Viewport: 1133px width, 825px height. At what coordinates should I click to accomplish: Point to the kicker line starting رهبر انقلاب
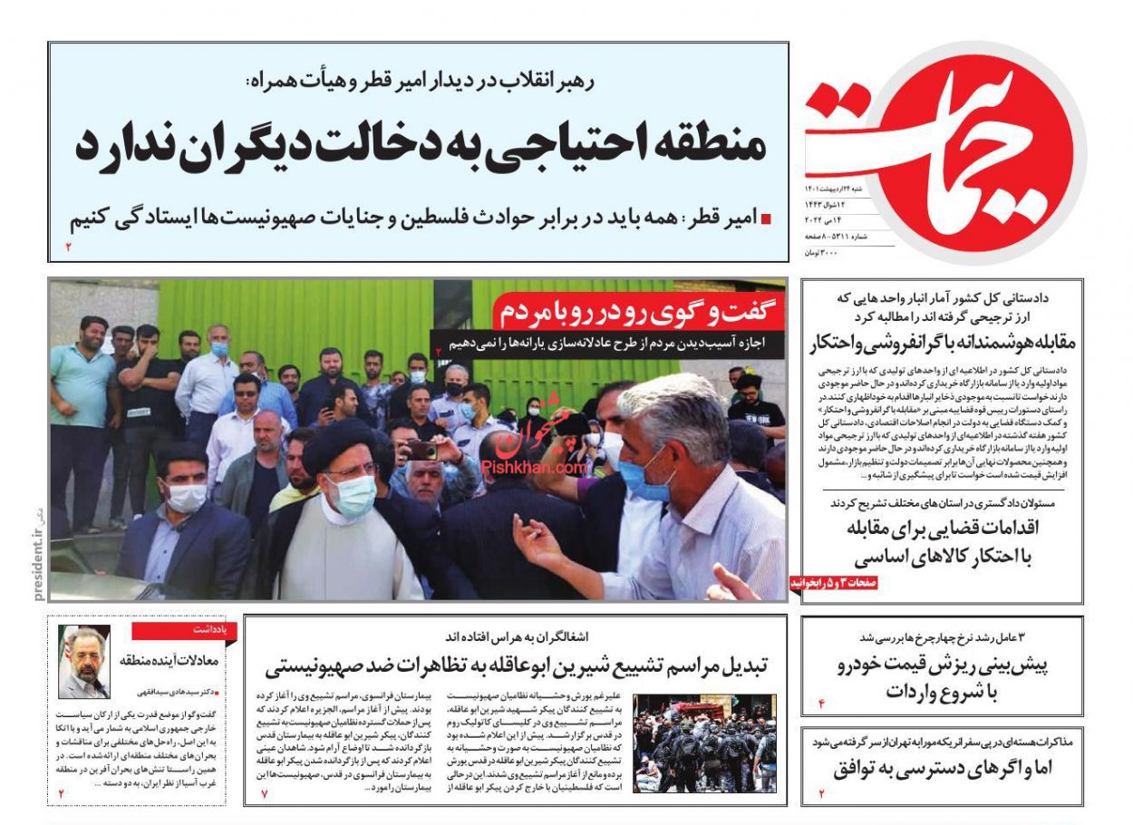420,82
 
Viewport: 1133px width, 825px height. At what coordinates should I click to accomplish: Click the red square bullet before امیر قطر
766,219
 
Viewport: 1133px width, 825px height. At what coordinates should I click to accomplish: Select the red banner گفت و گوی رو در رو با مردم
637,314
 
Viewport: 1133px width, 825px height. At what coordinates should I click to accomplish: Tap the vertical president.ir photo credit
39,552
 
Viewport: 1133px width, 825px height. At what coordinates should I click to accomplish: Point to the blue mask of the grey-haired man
645,480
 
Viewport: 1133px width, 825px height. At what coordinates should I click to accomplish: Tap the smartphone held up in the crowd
422,450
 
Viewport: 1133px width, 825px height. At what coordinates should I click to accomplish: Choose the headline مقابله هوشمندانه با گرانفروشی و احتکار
943,344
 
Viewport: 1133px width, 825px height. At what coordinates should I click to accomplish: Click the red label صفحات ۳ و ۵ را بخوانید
833,584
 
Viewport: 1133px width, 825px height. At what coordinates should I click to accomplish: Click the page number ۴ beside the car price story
823,704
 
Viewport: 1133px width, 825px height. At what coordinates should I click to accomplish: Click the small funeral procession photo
704,743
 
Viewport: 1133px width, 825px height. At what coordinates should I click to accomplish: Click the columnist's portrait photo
83,662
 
